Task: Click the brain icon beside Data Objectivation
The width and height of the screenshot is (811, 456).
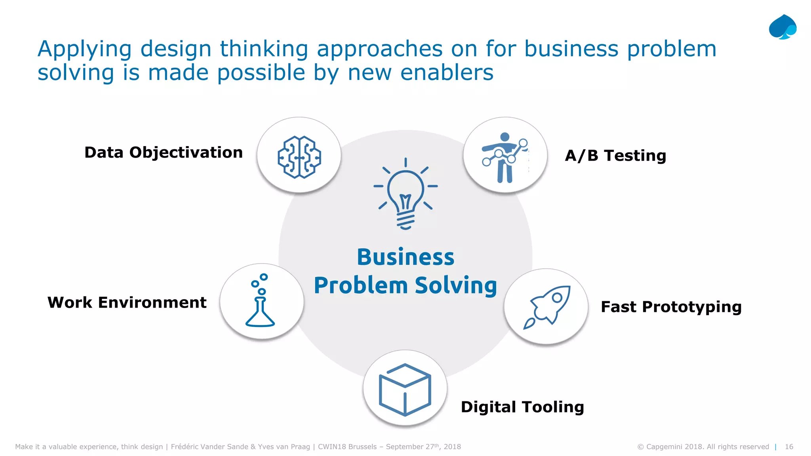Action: click(x=299, y=157)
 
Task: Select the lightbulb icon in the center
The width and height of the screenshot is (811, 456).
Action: click(x=405, y=194)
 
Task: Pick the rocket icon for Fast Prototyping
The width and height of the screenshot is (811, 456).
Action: click(x=547, y=307)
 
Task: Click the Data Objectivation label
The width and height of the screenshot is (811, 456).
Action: click(x=164, y=153)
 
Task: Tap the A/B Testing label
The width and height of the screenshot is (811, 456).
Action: click(x=615, y=156)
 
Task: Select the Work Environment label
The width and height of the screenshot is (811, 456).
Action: click(x=127, y=302)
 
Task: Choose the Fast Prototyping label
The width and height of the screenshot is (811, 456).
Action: click(x=671, y=307)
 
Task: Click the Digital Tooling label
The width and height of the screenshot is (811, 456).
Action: click(x=522, y=407)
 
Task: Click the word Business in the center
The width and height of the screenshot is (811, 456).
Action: click(x=405, y=257)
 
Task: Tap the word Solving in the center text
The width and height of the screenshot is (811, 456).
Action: click(x=456, y=286)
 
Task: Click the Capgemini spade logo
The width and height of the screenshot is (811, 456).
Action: click(x=782, y=27)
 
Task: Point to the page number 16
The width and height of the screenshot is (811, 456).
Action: click(x=789, y=447)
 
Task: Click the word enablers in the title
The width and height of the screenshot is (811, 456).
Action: click(x=447, y=73)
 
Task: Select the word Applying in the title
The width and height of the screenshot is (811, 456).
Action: click(x=84, y=49)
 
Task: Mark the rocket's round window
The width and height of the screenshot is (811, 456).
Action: click(x=557, y=298)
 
